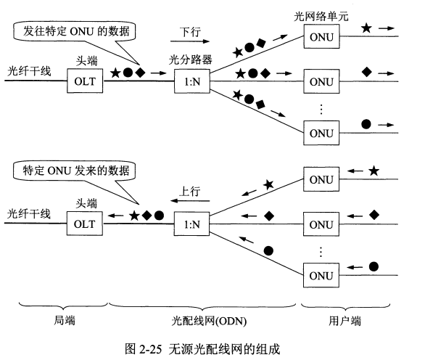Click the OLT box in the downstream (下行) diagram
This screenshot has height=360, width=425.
coord(85,81)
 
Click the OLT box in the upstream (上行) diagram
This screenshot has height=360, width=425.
coord(85,224)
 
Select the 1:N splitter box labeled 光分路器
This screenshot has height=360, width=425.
coord(194,81)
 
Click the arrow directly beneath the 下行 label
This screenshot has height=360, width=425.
coord(192,44)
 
